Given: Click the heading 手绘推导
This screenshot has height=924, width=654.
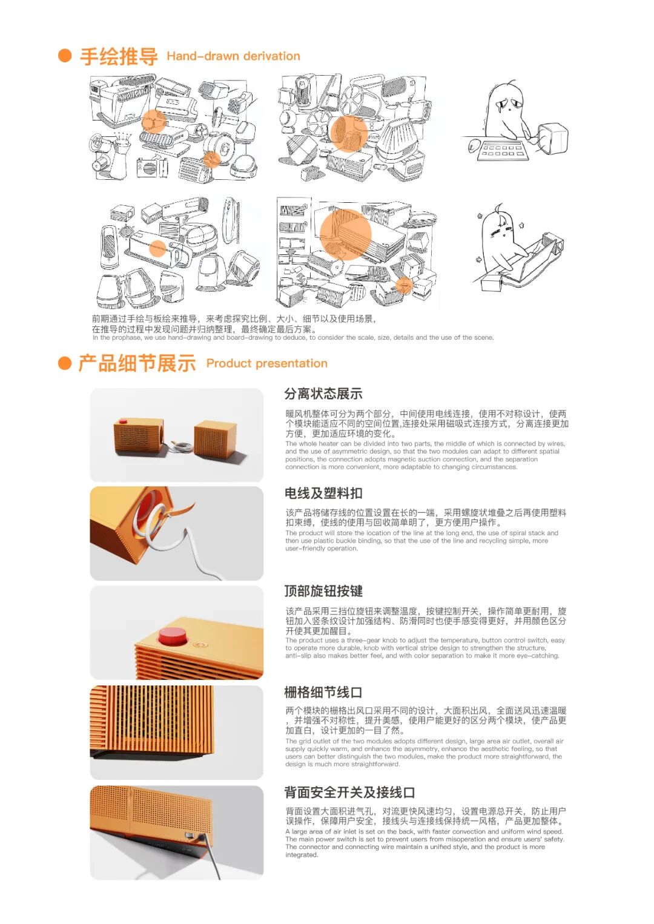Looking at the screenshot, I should pos(119,56).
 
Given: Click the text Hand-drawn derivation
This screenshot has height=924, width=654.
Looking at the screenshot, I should pos(233,56).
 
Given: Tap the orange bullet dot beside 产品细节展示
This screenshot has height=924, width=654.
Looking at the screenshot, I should pos(65,363).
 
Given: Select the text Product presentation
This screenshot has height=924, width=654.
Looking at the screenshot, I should pos(266,363).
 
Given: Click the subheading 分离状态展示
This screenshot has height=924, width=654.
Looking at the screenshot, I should pos(323,394).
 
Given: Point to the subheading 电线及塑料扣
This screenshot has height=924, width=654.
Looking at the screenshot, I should pos(323,493).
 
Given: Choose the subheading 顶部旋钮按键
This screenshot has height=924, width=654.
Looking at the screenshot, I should pos(323,591).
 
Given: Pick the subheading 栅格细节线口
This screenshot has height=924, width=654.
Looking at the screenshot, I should pos(323,692).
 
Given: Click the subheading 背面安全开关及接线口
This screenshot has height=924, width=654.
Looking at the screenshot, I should pos(349,792).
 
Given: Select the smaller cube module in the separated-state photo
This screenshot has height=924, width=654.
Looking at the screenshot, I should pos(215,439).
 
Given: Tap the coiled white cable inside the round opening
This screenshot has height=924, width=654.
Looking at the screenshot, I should pos(149,520).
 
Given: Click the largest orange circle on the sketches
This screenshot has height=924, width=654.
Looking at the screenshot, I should pos(345,234).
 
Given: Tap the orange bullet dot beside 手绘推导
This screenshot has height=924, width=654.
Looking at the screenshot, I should pos(65,56).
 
